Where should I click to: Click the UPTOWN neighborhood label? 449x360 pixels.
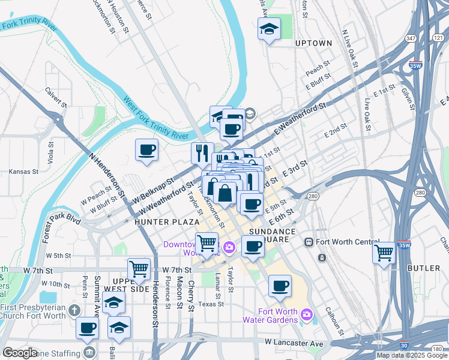click(x=313, y=43)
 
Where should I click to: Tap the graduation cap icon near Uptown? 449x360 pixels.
click(x=269, y=29)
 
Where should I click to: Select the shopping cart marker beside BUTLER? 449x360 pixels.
click(x=384, y=253)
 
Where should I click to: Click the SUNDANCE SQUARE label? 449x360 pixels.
click(x=272, y=235)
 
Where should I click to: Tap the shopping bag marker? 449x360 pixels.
click(x=225, y=193)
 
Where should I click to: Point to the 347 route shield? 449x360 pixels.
click(x=411, y=38)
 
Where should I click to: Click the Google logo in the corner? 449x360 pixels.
click(x=20, y=353)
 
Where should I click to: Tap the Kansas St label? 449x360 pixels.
click(x=24, y=172)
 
